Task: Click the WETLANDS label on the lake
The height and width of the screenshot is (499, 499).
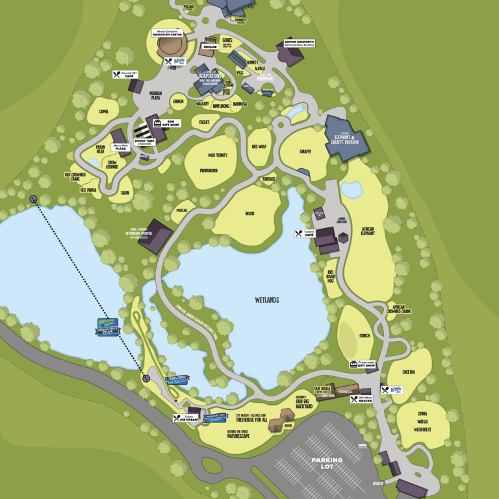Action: click(x=266, y=300)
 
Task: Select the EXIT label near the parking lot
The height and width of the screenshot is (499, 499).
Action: click(x=378, y=483)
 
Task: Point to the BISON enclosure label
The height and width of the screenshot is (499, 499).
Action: click(x=249, y=213)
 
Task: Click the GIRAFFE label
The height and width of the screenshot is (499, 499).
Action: click(x=305, y=151)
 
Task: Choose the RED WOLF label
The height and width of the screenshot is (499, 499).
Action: click(x=259, y=147)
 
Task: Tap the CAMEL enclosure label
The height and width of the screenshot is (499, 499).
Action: click(x=103, y=111)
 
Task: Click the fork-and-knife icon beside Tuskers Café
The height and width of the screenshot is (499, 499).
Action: click(x=299, y=233)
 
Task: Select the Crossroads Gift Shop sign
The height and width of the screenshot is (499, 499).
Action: click(x=363, y=365)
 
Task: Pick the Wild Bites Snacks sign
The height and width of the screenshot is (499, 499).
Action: click(x=361, y=399)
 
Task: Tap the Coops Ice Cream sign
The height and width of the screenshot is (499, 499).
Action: click(x=185, y=418)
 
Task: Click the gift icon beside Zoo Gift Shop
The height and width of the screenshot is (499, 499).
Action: click(x=157, y=122)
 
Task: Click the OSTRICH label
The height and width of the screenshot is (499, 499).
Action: click(x=364, y=335)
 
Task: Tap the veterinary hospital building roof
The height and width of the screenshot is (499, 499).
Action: click(x=155, y=237)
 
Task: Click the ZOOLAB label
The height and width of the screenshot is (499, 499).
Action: click(x=209, y=47)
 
